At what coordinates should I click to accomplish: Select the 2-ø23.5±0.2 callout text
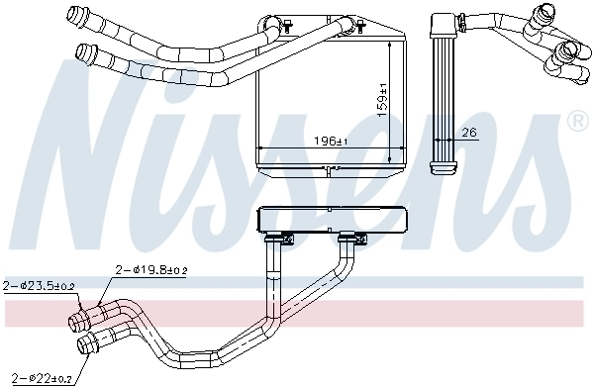(x=40, y=286)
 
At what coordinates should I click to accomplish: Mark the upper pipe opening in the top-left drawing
(x=73, y=14)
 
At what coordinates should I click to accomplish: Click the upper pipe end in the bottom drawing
(x=76, y=320)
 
